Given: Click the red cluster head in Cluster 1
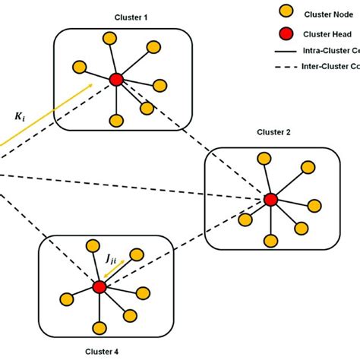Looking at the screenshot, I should [x=115, y=79].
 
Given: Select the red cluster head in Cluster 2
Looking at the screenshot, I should [x=270, y=200].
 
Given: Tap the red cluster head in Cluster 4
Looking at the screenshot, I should [x=99, y=286].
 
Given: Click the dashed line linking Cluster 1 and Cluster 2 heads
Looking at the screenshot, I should [x=194, y=140].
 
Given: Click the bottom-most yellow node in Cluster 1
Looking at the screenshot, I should [x=116, y=120].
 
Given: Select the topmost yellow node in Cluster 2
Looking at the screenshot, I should [x=265, y=159].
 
